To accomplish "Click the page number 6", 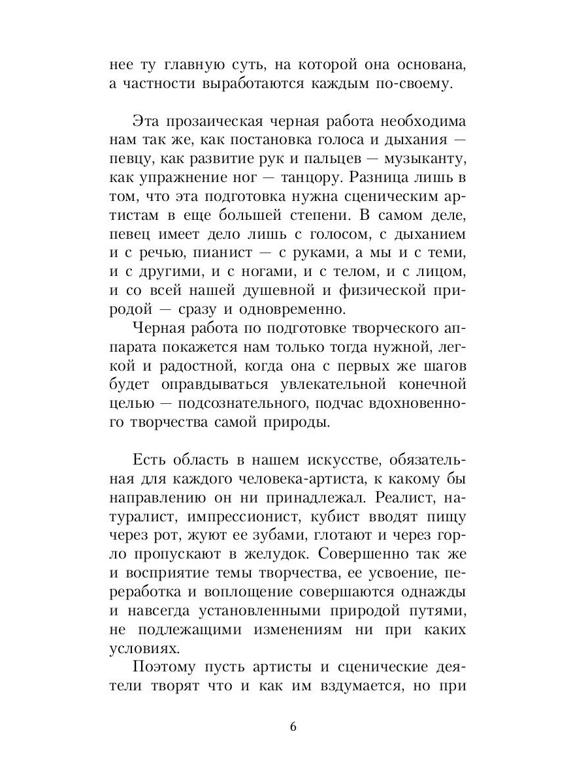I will pos(294,728).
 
